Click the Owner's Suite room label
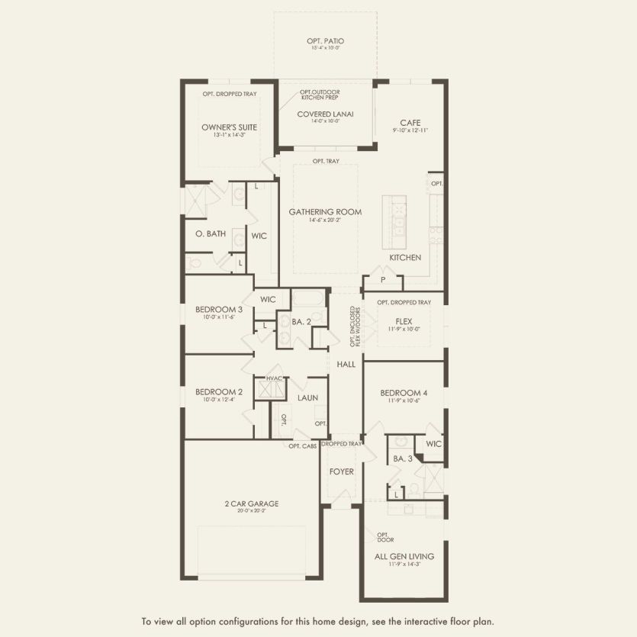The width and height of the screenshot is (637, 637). (229, 127)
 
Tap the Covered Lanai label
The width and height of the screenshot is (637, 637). (325, 114)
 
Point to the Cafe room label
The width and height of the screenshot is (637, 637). (410, 123)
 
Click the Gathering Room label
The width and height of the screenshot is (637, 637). (325, 211)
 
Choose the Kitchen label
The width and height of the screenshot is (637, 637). (405, 257)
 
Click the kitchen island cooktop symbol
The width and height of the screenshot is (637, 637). (397, 207)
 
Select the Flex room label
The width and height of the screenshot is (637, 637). (404, 321)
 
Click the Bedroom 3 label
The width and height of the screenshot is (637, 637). (219, 309)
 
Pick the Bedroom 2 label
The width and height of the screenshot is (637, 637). (219, 392)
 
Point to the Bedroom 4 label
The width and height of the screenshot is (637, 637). (404, 393)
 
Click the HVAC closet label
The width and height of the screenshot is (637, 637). (275, 379)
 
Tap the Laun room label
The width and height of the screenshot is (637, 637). (307, 397)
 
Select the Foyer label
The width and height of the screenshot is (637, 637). (342, 471)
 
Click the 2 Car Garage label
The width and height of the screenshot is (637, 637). (251, 503)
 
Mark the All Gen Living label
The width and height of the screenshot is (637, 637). (404, 556)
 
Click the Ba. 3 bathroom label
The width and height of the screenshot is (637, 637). (403, 458)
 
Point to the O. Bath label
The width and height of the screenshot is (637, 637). (210, 233)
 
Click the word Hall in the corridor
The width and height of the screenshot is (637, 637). (346, 365)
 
